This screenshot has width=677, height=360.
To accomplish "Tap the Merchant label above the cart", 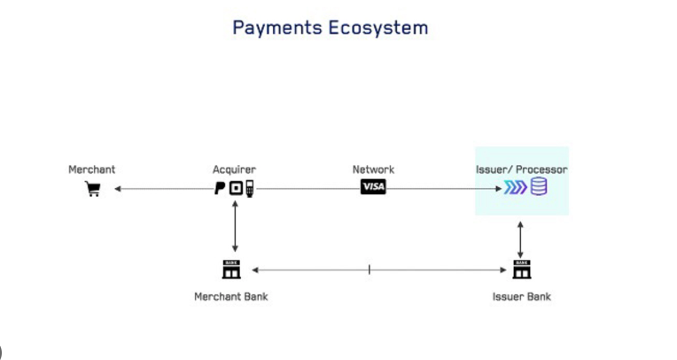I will pos(92,169).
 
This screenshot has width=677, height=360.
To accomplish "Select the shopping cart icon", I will pos(92,188).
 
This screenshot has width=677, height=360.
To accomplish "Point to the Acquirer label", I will pos(235,169).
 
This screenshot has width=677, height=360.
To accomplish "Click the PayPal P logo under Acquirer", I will pos(220,188).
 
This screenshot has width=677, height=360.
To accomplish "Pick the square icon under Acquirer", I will pos(236,188).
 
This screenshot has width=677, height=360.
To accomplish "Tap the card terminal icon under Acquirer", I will pos(250,188).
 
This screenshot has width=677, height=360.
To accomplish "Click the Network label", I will pos(373,169).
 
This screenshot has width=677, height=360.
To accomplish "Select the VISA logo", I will pos(373,188).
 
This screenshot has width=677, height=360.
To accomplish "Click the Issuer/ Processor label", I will pos(521,169).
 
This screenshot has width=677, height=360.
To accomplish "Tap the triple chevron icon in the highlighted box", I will pos(515,188).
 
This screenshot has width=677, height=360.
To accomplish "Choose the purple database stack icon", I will pos(538,187).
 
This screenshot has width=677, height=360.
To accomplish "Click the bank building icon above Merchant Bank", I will pos(231,269).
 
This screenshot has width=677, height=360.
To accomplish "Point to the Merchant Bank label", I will pos(231,296).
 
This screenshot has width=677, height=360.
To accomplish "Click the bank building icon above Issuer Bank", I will pos(521,269).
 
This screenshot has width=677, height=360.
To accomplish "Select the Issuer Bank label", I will pos(521,296).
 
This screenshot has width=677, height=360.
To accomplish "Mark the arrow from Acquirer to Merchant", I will pos(164,188).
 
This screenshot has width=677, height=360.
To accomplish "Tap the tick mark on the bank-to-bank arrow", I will pos(369,269).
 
